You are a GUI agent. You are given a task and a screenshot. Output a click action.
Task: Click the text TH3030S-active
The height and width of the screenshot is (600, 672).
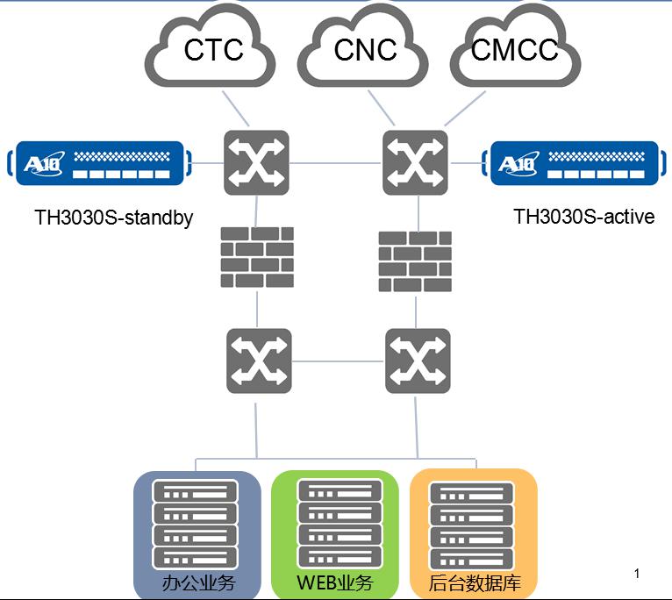[x=583, y=217]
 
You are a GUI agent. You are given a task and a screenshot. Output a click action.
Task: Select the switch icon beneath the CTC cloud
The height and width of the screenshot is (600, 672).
[x=256, y=162]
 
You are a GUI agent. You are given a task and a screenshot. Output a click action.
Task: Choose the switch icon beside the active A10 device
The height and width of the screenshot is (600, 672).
[x=415, y=162]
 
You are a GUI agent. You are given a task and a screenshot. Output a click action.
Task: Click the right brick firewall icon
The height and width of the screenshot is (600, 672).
[x=415, y=261]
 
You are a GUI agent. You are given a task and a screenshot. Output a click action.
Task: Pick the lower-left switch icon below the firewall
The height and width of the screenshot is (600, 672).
[x=259, y=361]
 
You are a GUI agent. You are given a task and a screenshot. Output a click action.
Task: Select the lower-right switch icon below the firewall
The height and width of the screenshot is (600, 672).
[x=418, y=361]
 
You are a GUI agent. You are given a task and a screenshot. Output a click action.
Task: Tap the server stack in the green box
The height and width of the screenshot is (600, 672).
[x=340, y=524]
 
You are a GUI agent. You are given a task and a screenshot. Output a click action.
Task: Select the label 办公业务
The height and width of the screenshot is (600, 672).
[x=198, y=582]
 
